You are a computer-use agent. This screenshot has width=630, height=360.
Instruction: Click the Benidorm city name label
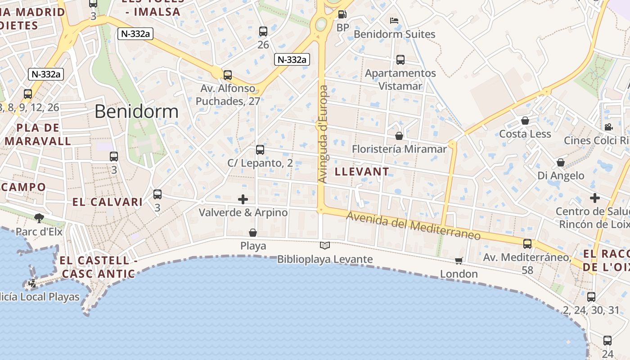136,112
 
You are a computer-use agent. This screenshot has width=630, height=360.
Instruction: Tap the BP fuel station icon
342,14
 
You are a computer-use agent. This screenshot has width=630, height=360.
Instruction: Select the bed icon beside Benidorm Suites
394,21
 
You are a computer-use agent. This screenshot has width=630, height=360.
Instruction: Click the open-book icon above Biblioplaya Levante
325,246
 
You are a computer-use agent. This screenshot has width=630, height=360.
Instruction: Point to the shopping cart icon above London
459,261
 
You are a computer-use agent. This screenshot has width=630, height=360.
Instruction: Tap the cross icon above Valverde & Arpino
243,199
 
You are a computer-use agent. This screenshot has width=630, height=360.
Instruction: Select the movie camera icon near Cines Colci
608,127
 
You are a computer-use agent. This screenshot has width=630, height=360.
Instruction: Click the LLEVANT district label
362,171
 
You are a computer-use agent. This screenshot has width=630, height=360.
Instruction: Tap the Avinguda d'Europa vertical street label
323,134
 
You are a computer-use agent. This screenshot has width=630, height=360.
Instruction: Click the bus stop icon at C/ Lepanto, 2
260,150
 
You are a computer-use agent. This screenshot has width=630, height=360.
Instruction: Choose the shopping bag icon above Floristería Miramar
399,135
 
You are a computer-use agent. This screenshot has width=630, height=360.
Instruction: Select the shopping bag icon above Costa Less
525,121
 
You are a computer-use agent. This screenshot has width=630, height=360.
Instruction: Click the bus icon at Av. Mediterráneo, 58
527,244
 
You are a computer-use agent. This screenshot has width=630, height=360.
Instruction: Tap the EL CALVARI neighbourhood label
108,202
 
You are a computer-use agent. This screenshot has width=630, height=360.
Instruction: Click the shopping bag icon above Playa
253,233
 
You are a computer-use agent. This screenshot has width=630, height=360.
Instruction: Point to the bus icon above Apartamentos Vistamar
400,59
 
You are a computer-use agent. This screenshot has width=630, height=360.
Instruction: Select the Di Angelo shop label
561,175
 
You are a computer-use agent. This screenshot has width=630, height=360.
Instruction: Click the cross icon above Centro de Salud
595,198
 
